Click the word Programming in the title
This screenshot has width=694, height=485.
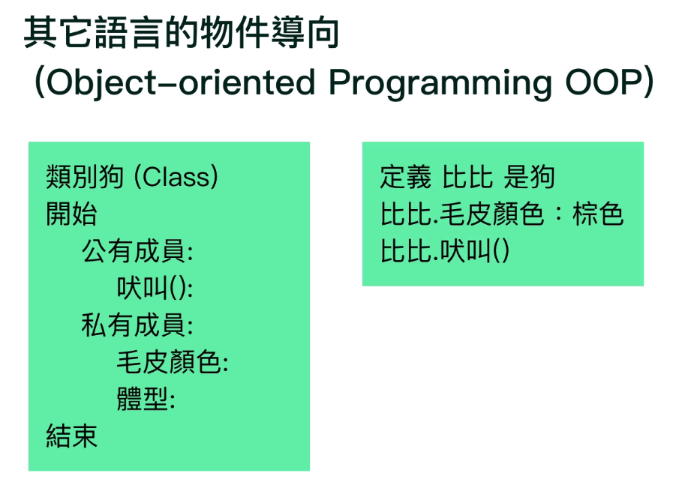pyautogui.click(x=440, y=83)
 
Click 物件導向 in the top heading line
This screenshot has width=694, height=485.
pyautogui.click(x=269, y=32)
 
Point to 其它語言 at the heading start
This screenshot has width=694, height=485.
pyautogui.click(x=92, y=32)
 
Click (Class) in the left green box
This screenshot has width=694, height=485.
pyautogui.click(x=176, y=177)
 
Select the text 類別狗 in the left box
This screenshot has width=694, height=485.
pyautogui.click(x=85, y=177)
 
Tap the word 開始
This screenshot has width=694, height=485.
pyautogui.click(x=72, y=214)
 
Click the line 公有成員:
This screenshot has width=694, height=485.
pyautogui.click(x=137, y=251)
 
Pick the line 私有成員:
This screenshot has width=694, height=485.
pyautogui.click(x=137, y=325)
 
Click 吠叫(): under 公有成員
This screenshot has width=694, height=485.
pyautogui.click(x=155, y=289)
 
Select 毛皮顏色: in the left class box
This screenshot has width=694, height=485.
pyautogui.click(x=173, y=363)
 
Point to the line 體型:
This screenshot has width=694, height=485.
pyautogui.click(x=146, y=400)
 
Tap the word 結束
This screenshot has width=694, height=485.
pyautogui.click(x=72, y=437)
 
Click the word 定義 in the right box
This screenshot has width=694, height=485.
pyautogui.click(x=405, y=178)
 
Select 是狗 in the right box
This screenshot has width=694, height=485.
pyautogui.click(x=530, y=178)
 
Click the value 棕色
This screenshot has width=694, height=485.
pyautogui.click(x=598, y=214)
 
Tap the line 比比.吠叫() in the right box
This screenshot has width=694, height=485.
pyautogui.click(x=445, y=251)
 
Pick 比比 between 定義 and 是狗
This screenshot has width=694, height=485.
pyautogui.click(x=467, y=178)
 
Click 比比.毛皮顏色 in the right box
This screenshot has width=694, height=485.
pyautogui.click(x=462, y=214)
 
